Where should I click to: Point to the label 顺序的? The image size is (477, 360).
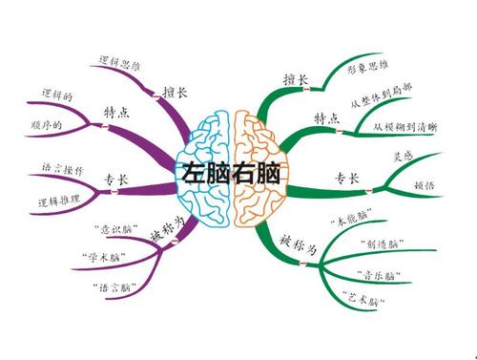[x=46, y=126]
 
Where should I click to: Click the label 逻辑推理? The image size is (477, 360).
[x=60, y=201]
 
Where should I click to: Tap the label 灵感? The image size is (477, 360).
[x=404, y=156]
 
